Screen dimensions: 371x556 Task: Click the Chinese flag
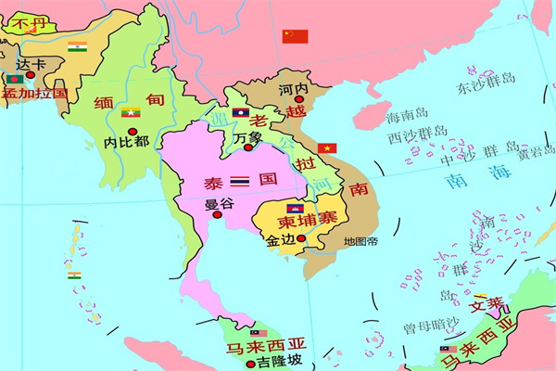tap(295, 36)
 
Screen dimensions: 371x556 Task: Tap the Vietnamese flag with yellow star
tap(327, 148)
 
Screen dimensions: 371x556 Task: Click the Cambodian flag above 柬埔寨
tap(295, 209)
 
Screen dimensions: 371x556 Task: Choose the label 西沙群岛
tap(417, 136)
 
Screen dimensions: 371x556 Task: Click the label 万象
tap(248, 137)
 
